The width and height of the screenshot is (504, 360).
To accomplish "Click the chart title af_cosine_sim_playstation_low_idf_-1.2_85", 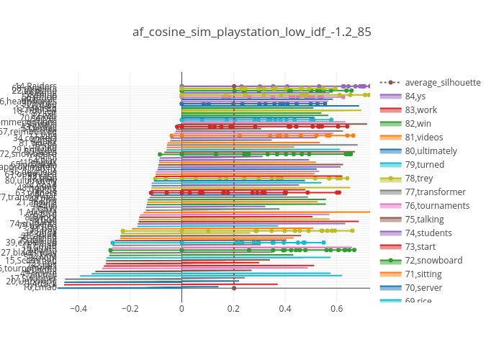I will pos(252,32).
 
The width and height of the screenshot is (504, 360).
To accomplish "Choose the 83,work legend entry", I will pos(420,109).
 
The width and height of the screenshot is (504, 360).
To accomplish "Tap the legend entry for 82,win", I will pos(418,123).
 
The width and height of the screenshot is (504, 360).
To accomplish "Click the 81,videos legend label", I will pos(423,137).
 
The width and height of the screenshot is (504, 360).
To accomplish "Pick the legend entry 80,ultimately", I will pos(429,150).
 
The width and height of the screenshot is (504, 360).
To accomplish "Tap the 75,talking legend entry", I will pos(424,219).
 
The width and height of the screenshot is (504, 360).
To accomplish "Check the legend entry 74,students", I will pos(427,233).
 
